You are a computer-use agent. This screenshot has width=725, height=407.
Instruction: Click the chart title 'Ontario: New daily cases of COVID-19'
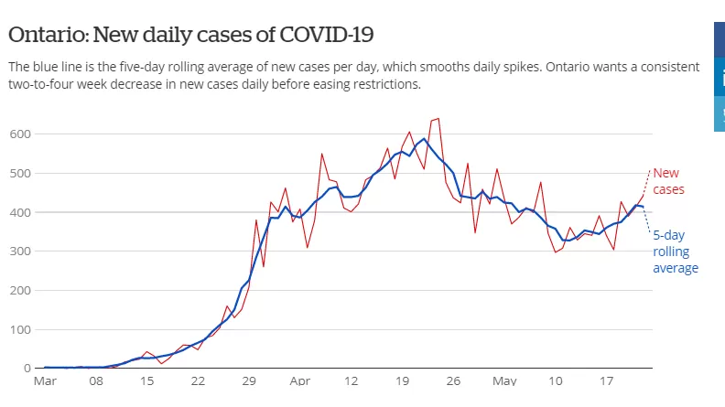pyautogui.click(x=191, y=35)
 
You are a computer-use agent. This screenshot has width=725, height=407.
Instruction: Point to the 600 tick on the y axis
pyautogui.click(x=20, y=134)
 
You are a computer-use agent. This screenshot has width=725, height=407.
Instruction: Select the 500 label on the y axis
pyautogui.click(x=20, y=173)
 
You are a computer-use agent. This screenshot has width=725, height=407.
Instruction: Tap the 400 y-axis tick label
pyautogui.click(x=20, y=212)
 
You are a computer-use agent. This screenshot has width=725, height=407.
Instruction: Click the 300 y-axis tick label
pyautogui.click(x=20, y=252)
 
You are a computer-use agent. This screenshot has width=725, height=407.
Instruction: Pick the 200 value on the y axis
pyautogui.click(x=20, y=291)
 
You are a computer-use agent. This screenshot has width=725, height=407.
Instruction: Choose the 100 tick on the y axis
pyautogui.click(x=20, y=330)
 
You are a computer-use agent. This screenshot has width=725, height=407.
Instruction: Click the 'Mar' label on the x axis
pyautogui.click(x=45, y=381)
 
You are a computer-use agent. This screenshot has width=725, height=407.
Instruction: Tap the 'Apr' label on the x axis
pyautogui.click(x=299, y=381)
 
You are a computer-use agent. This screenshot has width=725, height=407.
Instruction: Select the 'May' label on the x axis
pyautogui.click(x=504, y=381)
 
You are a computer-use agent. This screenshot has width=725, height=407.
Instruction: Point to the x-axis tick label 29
pyautogui.click(x=249, y=381)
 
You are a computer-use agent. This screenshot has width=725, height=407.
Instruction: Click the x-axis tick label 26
pyautogui.click(x=453, y=381)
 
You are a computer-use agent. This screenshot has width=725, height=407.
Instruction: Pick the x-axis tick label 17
pyautogui.click(x=606, y=381)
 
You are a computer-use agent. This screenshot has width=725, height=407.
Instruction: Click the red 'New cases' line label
pyautogui.click(x=668, y=181)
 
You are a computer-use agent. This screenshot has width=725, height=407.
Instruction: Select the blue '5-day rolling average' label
pyautogui.click(x=676, y=252)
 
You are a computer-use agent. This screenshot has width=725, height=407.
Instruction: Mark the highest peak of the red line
pyautogui.click(x=438, y=119)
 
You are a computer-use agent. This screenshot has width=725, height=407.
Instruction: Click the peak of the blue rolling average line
pyautogui.click(x=424, y=139)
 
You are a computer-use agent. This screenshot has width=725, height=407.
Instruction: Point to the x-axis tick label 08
pyautogui.click(x=96, y=381)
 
